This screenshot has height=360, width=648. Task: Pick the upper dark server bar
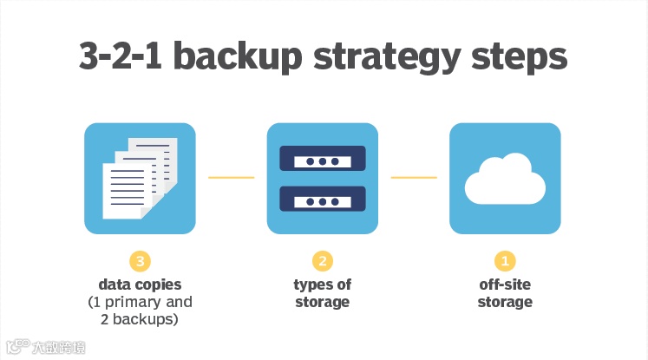tap(322, 160)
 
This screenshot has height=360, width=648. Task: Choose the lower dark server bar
tap(322, 200)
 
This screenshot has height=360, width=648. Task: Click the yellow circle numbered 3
tap(140, 260)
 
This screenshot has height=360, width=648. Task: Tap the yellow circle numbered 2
tap(322, 260)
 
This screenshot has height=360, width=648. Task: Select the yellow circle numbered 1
tap(505, 260)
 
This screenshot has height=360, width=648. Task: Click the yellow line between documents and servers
tap(231, 178)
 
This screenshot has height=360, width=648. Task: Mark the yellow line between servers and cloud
tap(414, 178)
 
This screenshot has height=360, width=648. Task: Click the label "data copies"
tap(140, 285)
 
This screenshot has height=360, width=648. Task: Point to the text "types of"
tap(322, 285)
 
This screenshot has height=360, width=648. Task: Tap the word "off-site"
tap(505, 285)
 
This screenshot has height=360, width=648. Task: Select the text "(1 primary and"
tap(140, 302)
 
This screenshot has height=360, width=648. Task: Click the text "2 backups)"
tap(140, 319)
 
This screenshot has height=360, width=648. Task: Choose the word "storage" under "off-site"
tap(505, 302)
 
